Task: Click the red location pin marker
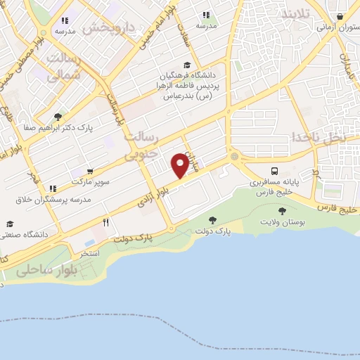point(180,165)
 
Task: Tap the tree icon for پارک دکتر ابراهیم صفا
point(58,117)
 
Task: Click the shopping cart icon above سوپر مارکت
point(90,171)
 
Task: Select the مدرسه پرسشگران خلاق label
point(53,199)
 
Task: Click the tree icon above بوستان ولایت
point(282,210)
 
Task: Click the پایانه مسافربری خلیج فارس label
point(276,186)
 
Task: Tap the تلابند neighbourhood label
point(295,15)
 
